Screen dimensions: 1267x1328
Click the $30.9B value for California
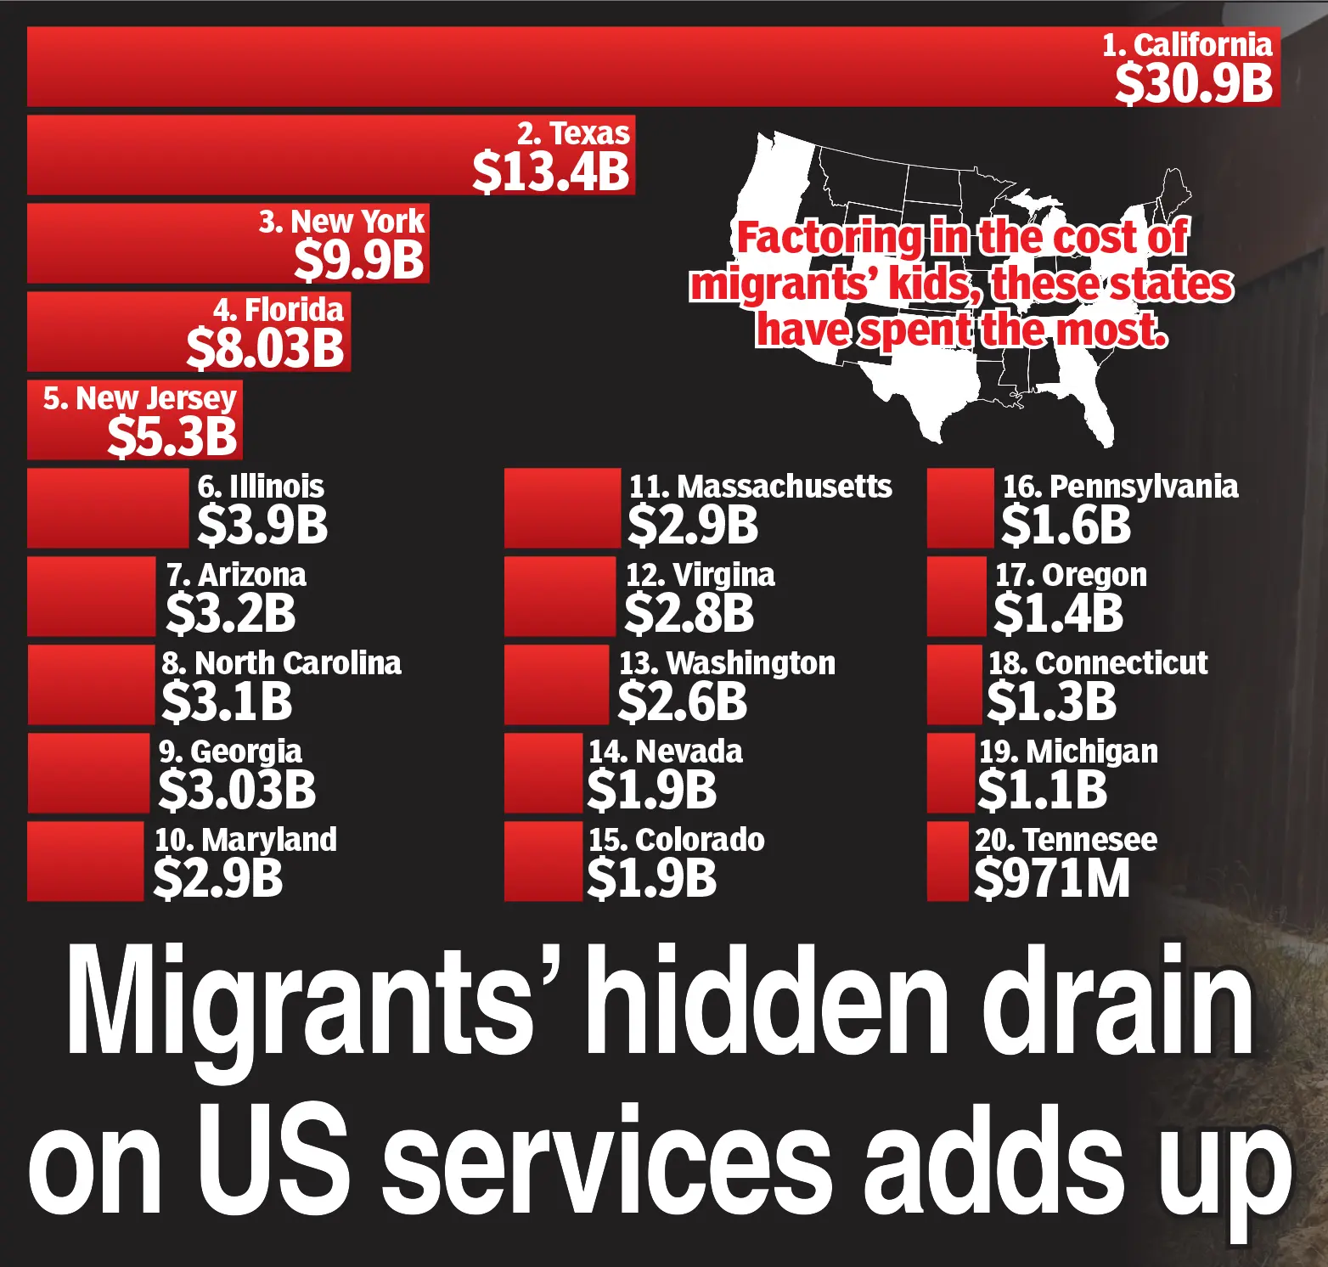point(1193,83)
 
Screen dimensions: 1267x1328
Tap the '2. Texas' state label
point(574,133)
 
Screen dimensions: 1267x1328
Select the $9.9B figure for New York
point(359,260)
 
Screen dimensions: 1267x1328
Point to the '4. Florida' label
point(279,310)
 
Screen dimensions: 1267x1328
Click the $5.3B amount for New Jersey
point(172,436)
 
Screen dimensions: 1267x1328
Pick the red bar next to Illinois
point(108,508)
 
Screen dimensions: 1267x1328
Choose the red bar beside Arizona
point(91,596)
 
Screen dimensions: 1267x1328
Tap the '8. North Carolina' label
point(282,663)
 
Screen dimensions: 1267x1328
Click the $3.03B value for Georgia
point(237,790)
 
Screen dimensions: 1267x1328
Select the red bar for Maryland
point(85,861)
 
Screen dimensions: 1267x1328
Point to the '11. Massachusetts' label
point(760,487)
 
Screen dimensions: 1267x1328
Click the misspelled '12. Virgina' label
point(700,575)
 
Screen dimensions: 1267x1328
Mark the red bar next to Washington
point(556,684)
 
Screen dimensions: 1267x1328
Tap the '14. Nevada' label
point(666,752)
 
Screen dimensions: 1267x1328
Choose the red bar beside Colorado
point(543,861)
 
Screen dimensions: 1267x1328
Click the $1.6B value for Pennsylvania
point(1066,525)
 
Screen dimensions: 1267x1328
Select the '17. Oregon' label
point(1071,575)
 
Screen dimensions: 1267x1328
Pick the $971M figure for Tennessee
point(1052,878)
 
